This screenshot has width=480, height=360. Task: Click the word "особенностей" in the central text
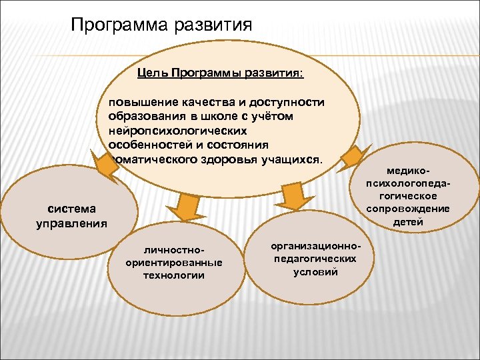147,146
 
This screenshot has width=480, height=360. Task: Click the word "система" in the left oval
71,209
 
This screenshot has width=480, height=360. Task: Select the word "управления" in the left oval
71,223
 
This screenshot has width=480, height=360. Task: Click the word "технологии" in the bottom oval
173,275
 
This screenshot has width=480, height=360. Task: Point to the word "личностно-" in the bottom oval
173,250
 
